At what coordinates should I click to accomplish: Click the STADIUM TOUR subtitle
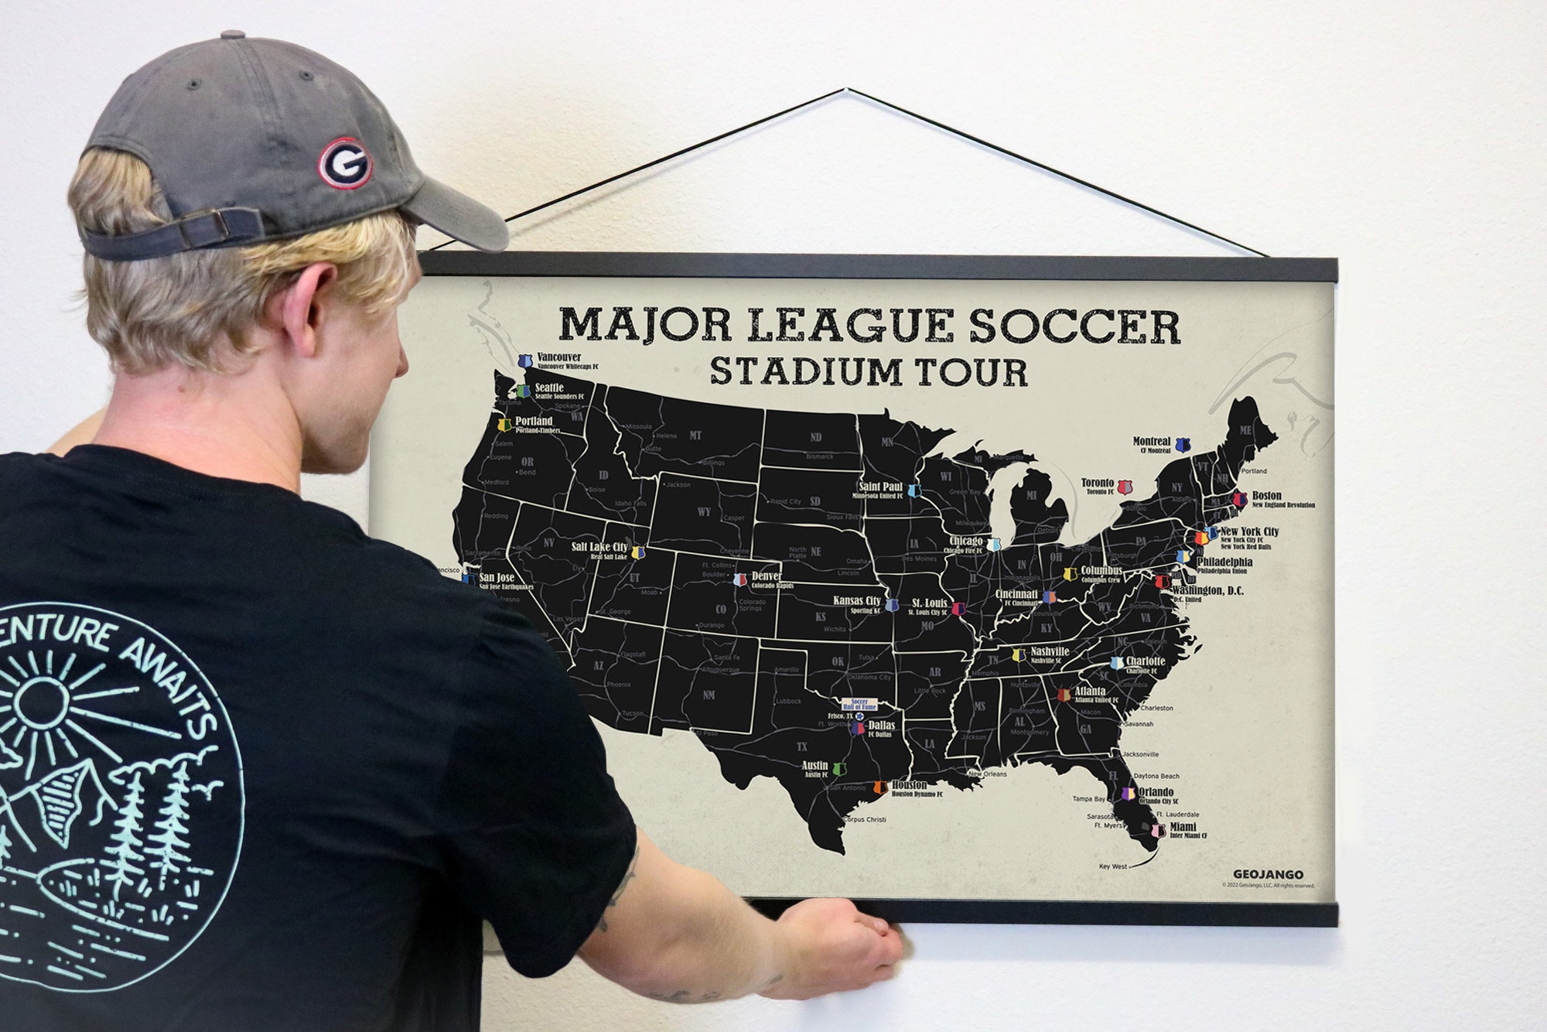(x=869, y=371)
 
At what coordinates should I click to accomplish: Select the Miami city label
(x=1183, y=827)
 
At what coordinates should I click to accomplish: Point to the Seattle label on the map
(x=549, y=388)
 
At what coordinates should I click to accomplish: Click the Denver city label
(x=767, y=576)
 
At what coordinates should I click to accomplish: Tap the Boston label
(x=1267, y=495)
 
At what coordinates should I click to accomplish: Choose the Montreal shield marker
(x=1181, y=445)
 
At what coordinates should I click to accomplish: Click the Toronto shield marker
(x=1125, y=487)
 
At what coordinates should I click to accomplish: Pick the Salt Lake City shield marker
(x=638, y=552)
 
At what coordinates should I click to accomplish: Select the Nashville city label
(x=1050, y=651)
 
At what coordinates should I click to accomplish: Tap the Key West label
(x=1113, y=866)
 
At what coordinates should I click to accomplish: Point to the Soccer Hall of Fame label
(x=859, y=705)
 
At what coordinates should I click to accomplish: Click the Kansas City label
(x=857, y=600)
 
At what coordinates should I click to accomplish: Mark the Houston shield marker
(x=879, y=788)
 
